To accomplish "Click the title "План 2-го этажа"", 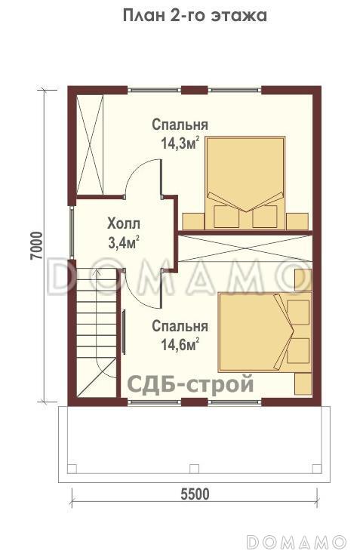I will pyautogui.click(x=195, y=15).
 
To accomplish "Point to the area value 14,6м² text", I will pyautogui.click(x=179, y=344).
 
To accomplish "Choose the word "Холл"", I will pyautogui.click(x=124, y=224).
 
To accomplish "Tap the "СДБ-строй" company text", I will pyautogui.click(x=190, y=384).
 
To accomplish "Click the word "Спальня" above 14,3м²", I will pyautogui.click(x=180, y=125).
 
